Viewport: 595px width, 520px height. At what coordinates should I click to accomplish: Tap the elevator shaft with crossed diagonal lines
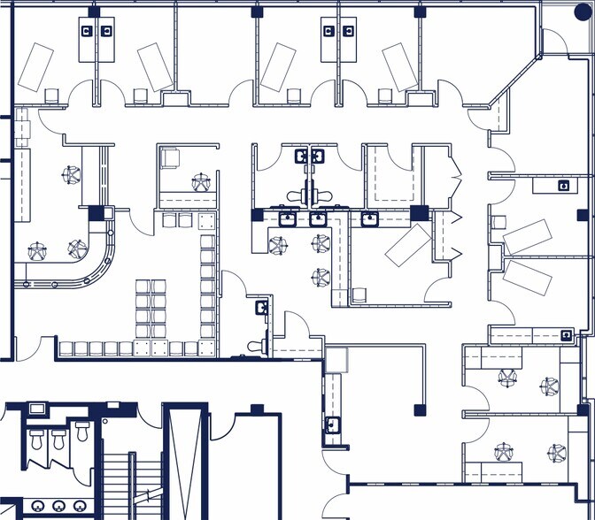pos(185,460)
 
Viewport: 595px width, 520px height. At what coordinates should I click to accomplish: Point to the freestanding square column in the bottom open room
pos(416,408)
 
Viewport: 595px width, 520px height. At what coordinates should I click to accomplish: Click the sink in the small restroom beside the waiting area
pos(261,308)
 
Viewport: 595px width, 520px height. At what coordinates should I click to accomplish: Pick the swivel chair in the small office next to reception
pos(202,183)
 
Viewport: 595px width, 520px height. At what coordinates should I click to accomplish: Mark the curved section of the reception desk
pos(97,266)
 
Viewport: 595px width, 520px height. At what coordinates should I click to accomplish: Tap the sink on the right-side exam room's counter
pos(563,187)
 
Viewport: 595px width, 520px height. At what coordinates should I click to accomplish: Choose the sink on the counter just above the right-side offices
pos(566,334)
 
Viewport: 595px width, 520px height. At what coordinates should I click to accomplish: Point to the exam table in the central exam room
pos(406,244)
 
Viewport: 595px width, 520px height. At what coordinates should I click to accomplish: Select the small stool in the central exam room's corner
pos(359,294)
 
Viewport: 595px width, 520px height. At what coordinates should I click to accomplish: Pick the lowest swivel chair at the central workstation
pos(320,278)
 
